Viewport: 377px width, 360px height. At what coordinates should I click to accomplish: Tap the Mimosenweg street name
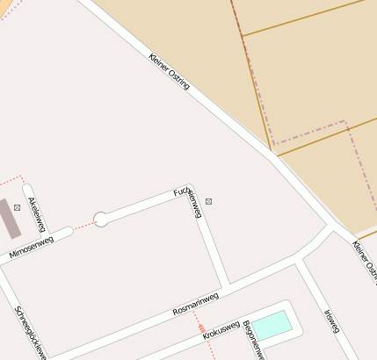tap(32, 247)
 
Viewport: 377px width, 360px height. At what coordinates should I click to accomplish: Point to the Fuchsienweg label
tap(189, 202)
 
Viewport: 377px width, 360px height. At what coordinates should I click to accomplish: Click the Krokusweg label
tap(221, 330)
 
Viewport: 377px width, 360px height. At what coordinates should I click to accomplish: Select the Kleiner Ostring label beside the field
tap(170, 72)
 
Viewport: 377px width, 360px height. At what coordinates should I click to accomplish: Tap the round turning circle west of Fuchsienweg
tap(101, 220)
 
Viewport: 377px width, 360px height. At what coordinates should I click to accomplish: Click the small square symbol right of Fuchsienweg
tap(208, 202)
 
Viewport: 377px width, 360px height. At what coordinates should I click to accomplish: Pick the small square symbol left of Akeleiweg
tap(17, 207)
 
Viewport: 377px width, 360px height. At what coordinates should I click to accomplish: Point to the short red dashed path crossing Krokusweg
tap(199, 330)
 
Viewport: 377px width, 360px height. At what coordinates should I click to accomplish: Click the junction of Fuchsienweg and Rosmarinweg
tap(228, 286)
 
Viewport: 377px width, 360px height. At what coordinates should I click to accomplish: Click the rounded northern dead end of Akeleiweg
tap(26, 188)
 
